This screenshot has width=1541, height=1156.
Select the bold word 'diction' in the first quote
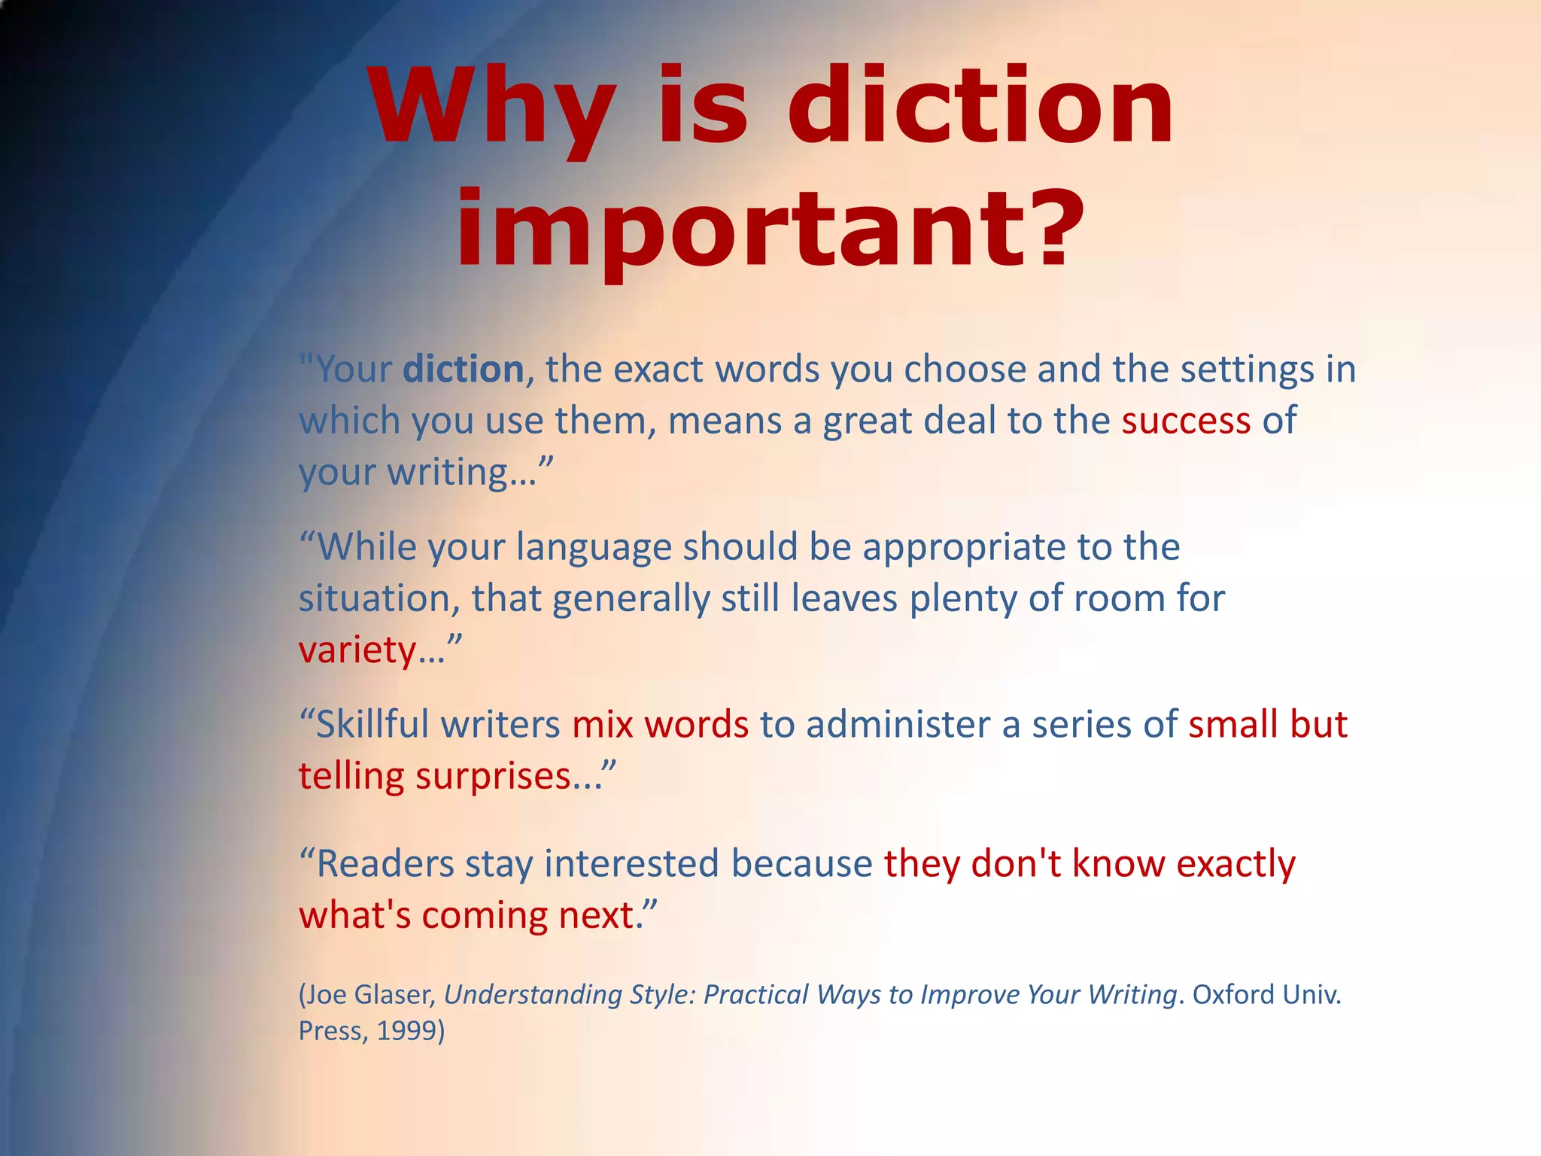coord(464,370)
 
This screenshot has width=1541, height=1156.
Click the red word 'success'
coord(1186,420)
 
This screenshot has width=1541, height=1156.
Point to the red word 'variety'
coord(357,650)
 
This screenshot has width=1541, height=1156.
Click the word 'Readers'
coord(384,863)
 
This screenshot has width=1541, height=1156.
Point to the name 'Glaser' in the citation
coord(394,995)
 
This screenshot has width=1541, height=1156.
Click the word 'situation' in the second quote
coord(374,599)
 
